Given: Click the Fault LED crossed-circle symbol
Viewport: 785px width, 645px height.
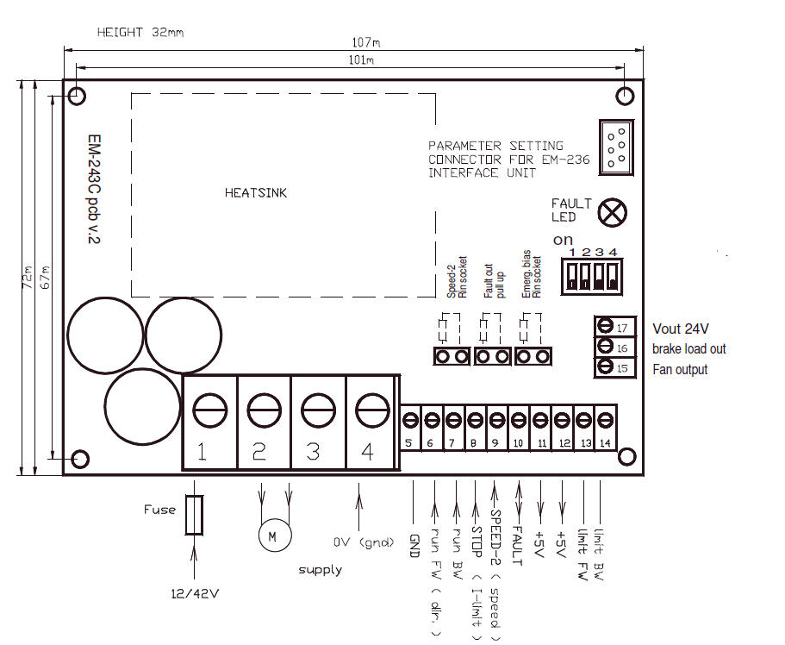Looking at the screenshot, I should (613, 211).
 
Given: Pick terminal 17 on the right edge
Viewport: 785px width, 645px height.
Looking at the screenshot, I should (614, 327).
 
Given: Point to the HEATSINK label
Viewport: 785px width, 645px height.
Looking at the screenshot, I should (255, 193).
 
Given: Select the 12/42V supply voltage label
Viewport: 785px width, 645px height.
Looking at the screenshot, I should (196, 592).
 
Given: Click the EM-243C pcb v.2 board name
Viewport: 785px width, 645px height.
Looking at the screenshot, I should (94, 190).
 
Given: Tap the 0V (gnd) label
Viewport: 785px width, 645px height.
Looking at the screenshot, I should (363, 542).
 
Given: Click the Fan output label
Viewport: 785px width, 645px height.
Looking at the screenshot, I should (681, 369).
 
